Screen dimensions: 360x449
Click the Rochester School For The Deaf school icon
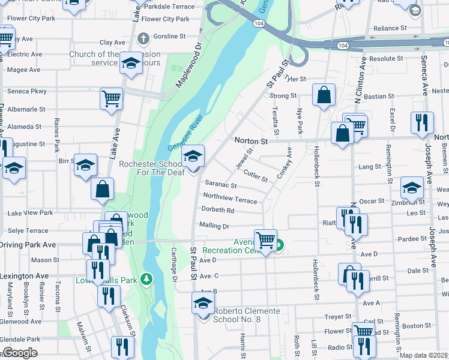click(193, 157)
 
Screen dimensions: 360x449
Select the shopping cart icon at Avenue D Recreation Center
click(265, 240)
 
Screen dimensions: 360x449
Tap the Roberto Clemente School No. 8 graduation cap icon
click(203, 304)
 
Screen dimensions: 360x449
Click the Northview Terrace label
click(230, 197)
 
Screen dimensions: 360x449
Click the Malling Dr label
click(214, 226)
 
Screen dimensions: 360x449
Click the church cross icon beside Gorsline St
click(142, 39)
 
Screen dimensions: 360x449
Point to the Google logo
click(20, 353)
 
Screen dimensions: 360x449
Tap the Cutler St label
click(256, 176)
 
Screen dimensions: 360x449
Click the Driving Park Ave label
click(28, 245)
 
